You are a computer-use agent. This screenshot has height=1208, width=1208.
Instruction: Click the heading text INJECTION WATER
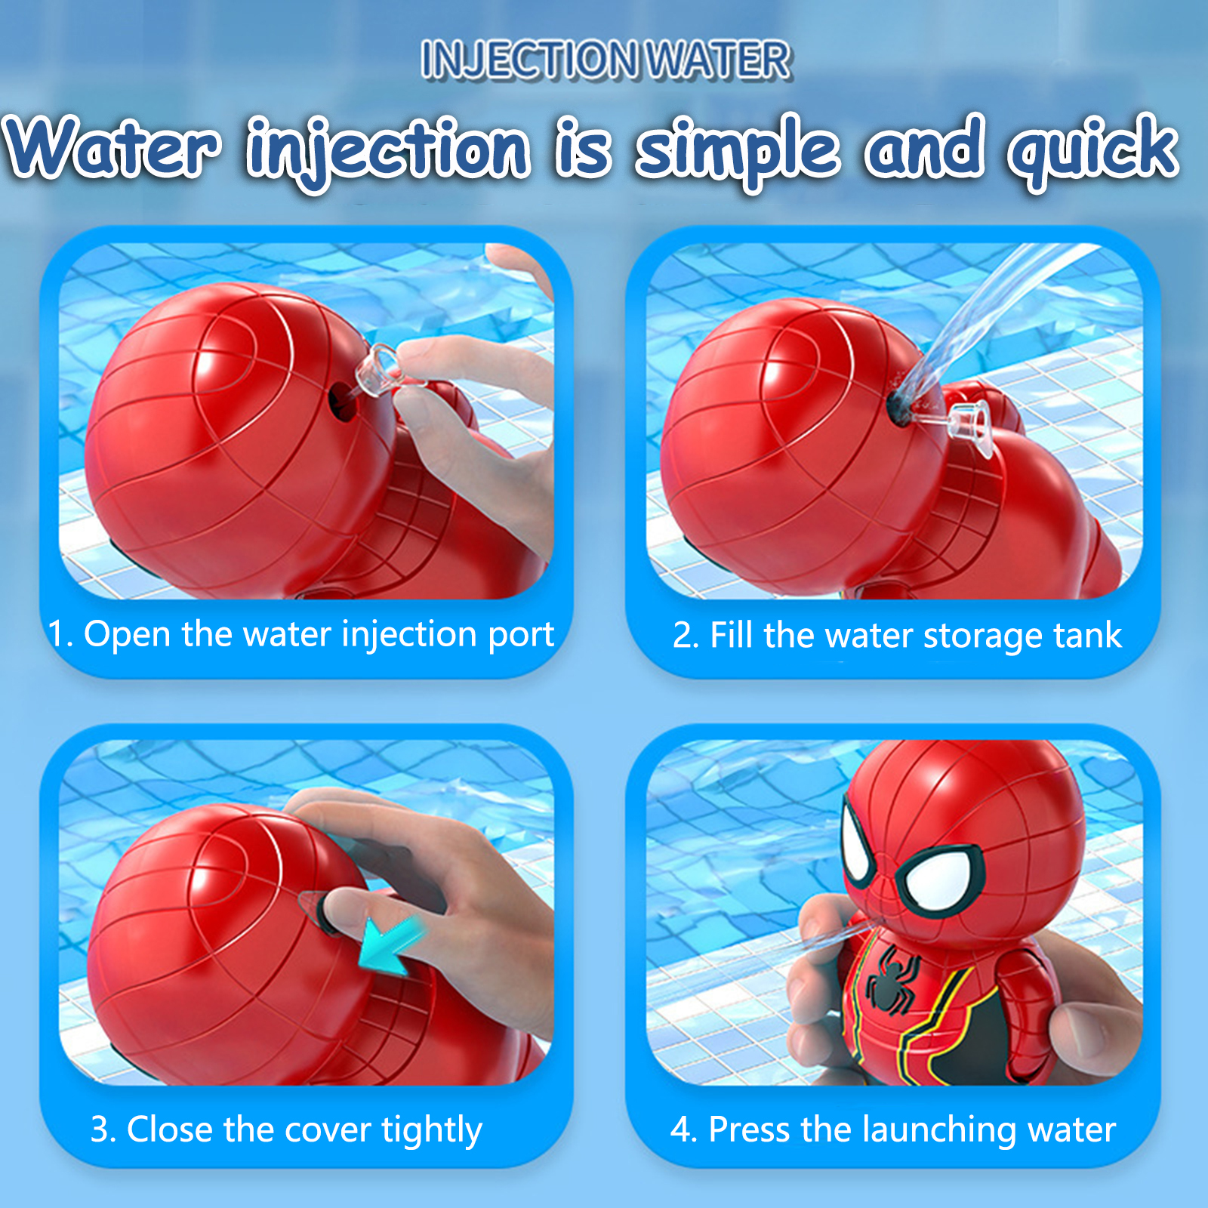click(606, 60)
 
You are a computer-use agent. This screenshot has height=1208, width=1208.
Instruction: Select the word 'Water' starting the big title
click(113, 147)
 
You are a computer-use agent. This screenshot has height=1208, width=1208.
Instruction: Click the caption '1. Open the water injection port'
click(300, 634)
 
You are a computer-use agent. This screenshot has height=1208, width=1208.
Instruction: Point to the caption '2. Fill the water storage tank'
click(897, 636)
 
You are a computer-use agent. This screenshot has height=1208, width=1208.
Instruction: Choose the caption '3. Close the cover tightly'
click(286, 1130)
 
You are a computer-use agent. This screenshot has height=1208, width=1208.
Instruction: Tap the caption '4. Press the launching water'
click(893, 1130)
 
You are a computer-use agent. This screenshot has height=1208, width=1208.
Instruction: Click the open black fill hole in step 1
click(341, 399)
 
